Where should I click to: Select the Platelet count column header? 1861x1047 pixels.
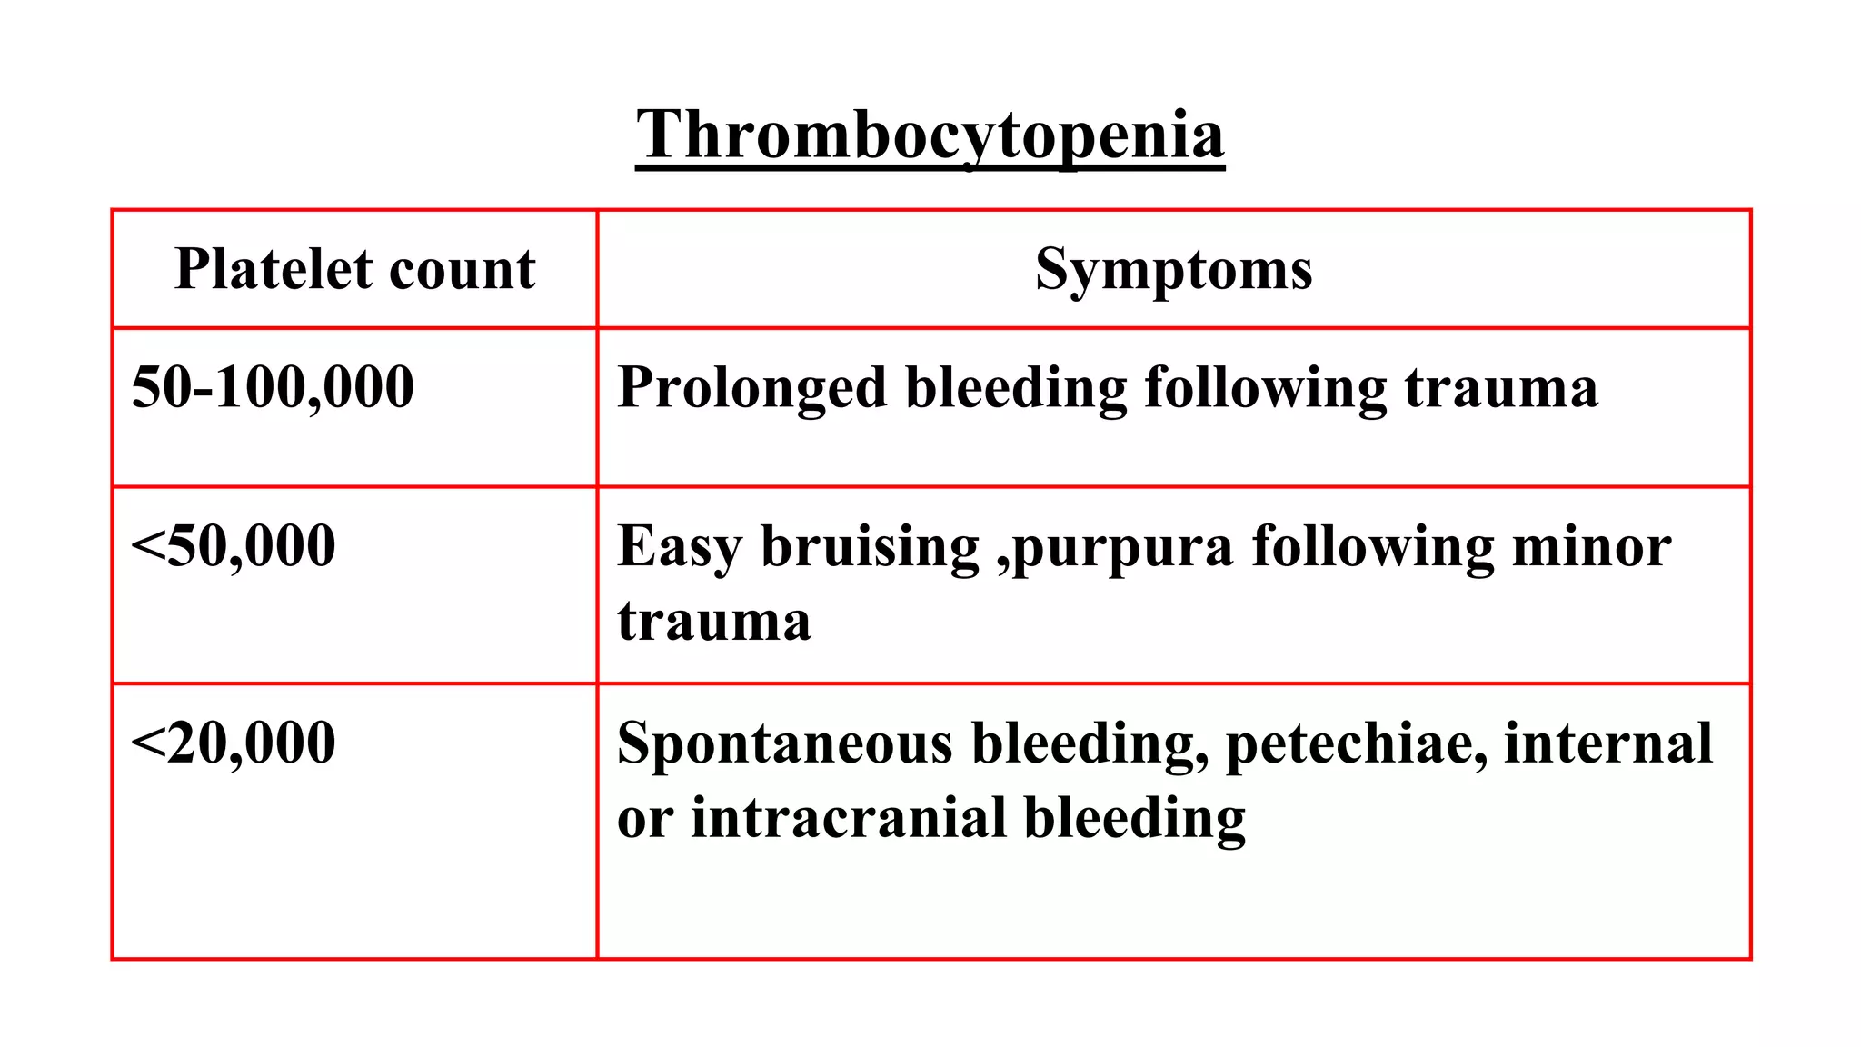[x=355, y=269]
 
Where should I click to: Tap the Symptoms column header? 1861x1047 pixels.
[x=1173, y=269]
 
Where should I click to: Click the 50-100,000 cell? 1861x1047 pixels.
[x=273, y=387]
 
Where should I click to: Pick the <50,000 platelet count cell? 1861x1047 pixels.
[x=234, y=546]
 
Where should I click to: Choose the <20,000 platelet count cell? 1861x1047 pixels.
[x=234, y=743]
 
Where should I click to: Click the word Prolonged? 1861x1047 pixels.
[x=751, y=389]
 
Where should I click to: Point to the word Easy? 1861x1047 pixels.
[x=679, y=548]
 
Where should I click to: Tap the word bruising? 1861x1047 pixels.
[x=870, y=546]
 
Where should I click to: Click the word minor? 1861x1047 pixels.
[x=1591, y=546]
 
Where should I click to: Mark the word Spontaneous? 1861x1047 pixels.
[x=784, y=744]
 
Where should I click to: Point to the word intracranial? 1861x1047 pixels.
[x=848, y=817]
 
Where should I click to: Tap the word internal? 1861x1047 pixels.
[x=1607, y=743]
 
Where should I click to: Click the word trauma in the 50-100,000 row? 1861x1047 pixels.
[x=1501, y=389]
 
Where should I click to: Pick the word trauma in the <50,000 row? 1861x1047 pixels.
[x=714, y=623]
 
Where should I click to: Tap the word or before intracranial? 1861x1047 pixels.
[x=644, y=819]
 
